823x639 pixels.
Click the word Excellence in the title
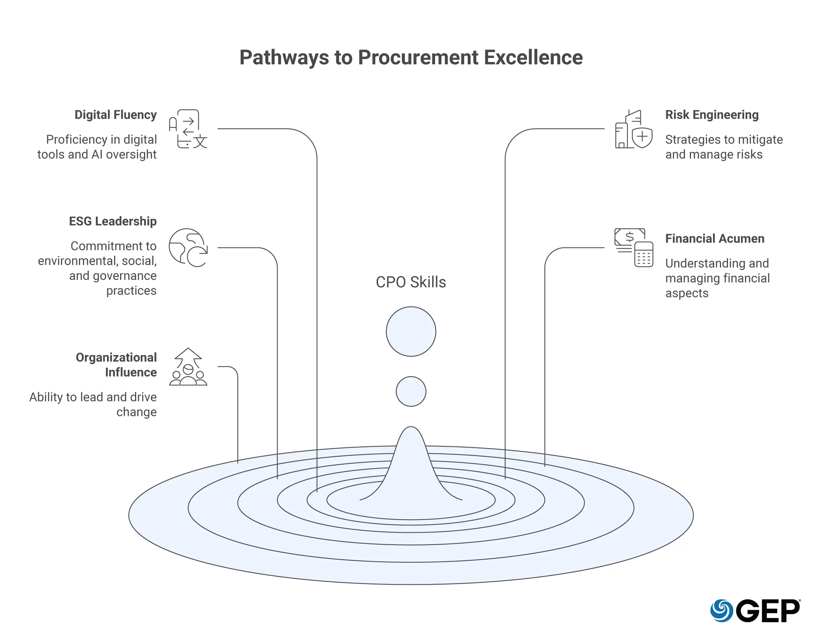pos(533,58)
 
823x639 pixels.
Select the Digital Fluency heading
pos(115,115)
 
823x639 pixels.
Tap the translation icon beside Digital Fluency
pos(188,129)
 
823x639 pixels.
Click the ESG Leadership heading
pos(113,221)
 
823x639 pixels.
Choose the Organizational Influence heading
pos(116,365)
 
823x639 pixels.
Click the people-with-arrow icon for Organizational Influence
pos(188,367)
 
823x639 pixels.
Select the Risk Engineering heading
pos(712,115)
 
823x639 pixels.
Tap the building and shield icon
pos(633,129)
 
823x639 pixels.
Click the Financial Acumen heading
pos(715,238)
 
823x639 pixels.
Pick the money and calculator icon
pos(633,248)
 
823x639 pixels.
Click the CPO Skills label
pos(411,282)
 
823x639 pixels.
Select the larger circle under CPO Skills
pos(411,331)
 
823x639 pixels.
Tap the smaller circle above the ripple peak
pos(411,391)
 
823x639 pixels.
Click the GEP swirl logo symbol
pos(721,610)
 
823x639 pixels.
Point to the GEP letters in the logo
pos(767,611)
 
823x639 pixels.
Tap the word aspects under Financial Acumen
pos(686,293)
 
